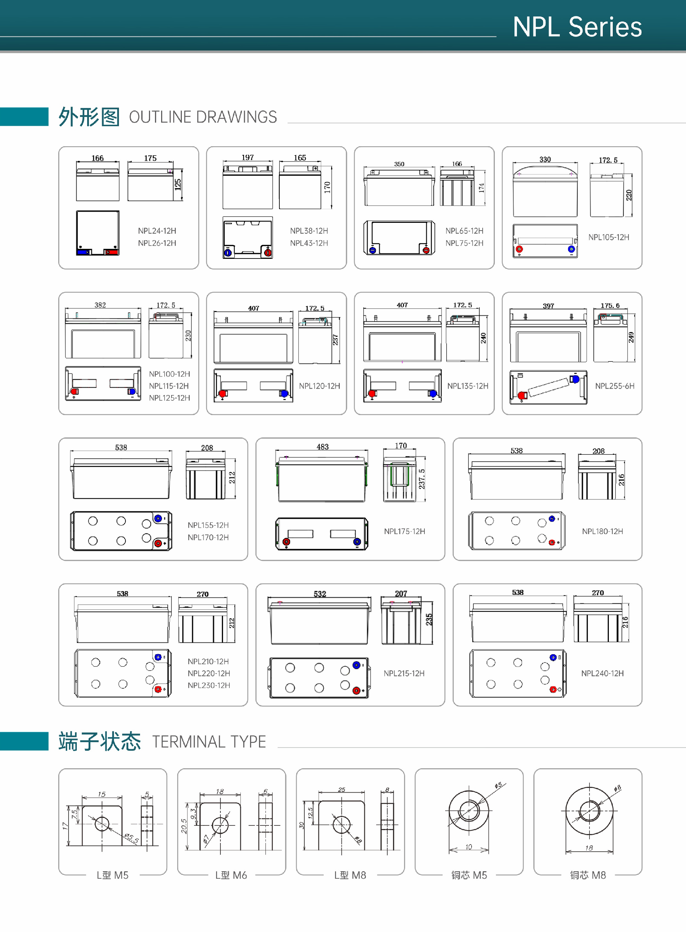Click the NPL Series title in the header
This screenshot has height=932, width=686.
(577, 27)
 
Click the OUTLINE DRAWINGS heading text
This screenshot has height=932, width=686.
(203, 117)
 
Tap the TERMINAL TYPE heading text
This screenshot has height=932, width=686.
(209, 742)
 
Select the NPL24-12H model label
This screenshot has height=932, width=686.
(157, 231)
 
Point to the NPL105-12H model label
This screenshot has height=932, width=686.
(608, 237)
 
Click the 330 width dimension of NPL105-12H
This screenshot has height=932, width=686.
(545, 159)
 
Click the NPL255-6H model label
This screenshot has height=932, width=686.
(614, 386)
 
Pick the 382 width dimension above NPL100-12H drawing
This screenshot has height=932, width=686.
(100, 305)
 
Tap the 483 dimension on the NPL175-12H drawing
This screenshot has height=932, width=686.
(323, 447)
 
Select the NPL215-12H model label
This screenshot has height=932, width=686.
(404, 673)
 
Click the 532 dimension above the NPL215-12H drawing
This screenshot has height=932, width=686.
(320, 594)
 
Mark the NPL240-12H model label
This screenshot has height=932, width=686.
(602, 673)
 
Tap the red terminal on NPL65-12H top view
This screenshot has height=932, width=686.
(426, 250)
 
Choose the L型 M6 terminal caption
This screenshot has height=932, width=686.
(231, 875)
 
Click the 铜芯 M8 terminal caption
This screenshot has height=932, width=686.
(588, 875)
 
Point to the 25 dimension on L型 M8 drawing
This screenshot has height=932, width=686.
(341, 789)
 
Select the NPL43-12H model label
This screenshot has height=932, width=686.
(309, 243)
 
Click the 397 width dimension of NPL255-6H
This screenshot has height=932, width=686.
(548, 306)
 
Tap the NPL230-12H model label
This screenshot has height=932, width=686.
(208, 685)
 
